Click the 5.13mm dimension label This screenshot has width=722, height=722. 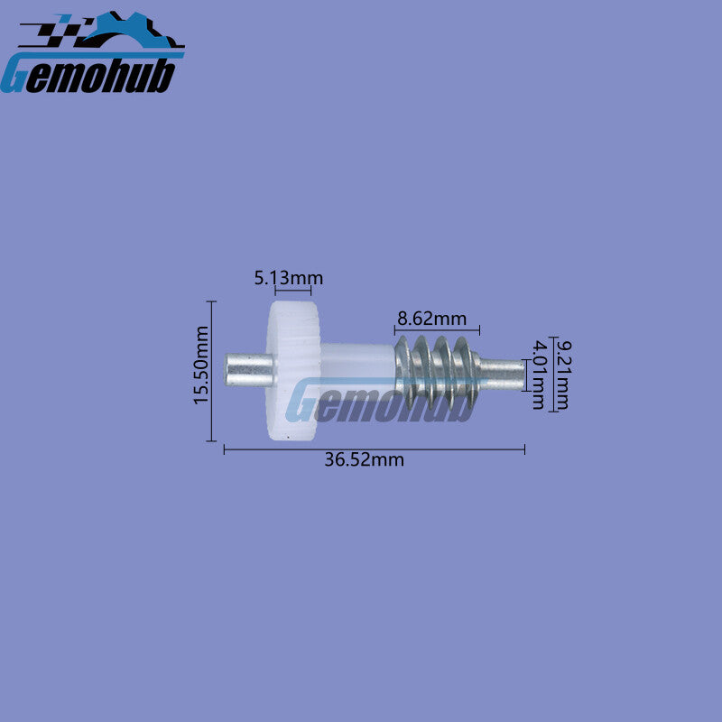289,278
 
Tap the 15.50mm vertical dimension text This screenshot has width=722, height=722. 200,366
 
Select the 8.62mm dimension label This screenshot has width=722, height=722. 431,319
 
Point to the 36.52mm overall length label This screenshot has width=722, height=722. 364,459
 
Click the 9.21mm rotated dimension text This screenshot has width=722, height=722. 561,375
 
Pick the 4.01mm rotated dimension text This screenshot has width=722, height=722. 538,375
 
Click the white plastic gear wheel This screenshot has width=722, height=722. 292,371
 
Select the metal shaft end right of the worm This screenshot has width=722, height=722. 502,374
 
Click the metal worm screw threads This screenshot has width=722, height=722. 437,372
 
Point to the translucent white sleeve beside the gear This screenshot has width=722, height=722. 357,368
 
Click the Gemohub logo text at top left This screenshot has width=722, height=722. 88,75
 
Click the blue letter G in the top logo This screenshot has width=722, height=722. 14,75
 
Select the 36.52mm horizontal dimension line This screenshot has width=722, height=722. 375,449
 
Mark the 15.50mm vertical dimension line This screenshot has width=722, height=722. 211,371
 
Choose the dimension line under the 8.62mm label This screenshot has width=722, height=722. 437,329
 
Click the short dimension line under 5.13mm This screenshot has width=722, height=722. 292,290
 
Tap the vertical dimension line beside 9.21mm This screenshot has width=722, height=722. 554,374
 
